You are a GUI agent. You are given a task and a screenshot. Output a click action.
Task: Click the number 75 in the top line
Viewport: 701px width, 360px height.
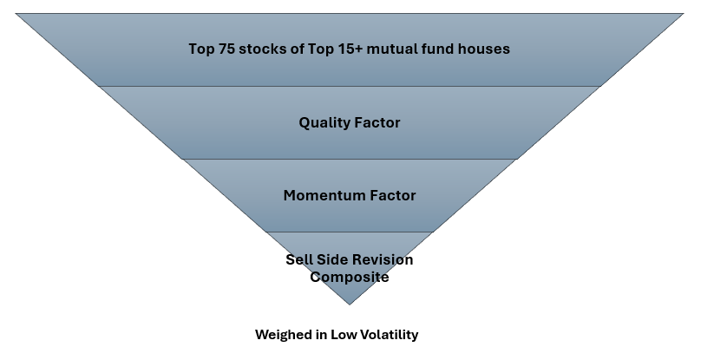coord(228,49)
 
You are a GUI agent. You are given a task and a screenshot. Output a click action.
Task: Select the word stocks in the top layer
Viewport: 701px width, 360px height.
coord(265,49)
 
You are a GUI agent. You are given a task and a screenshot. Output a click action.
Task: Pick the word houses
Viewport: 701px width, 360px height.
coord(487,49)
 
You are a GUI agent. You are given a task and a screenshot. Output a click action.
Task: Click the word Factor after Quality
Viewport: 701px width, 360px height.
coord(377,123)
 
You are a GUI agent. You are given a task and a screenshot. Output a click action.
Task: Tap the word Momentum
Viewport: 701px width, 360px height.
coord(320,196)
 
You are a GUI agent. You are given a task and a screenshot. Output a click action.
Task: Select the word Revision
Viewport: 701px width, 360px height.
coord(382,260)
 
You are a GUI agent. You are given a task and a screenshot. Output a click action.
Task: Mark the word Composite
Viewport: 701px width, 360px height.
coord(350,278)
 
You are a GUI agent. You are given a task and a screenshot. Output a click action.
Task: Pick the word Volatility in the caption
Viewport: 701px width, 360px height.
coord(389,335)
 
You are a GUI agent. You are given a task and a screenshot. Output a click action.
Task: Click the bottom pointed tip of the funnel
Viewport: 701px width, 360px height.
coord(350,304)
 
